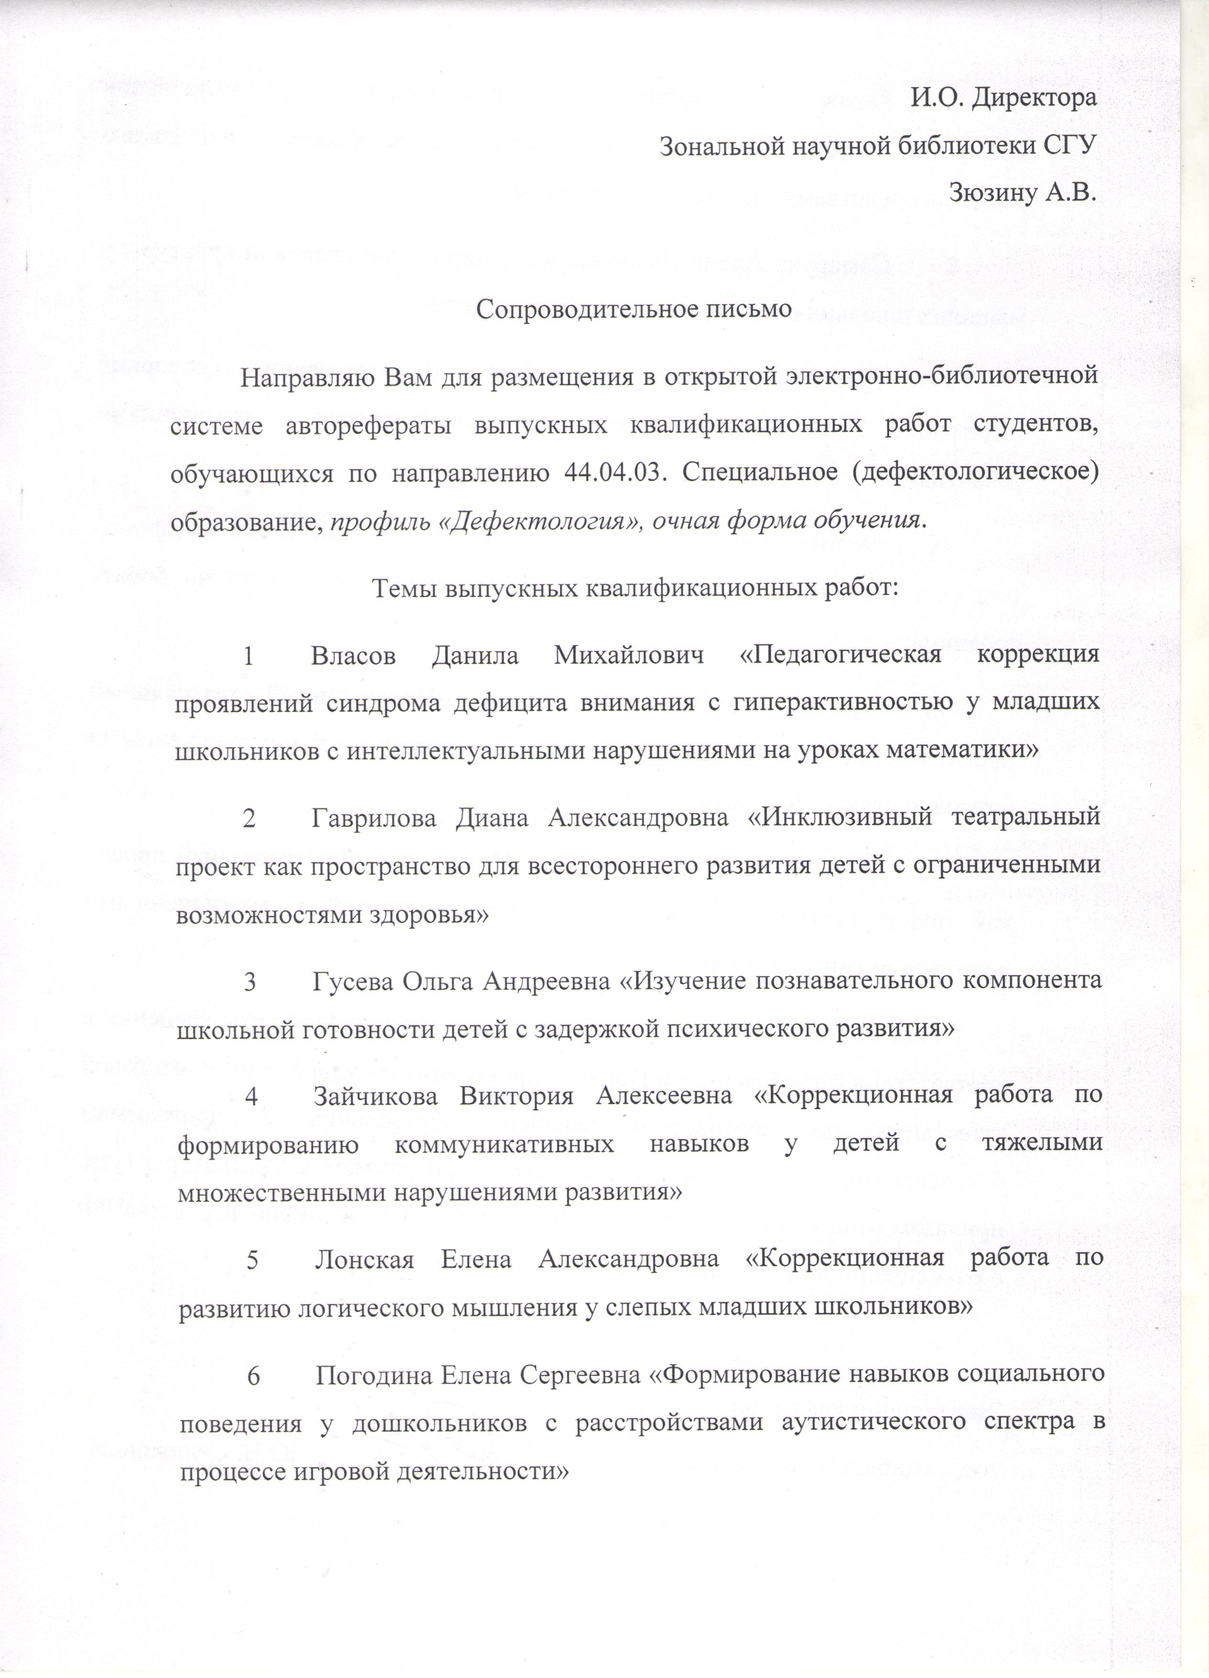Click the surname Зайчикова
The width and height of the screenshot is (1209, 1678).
pos(374,1097)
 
